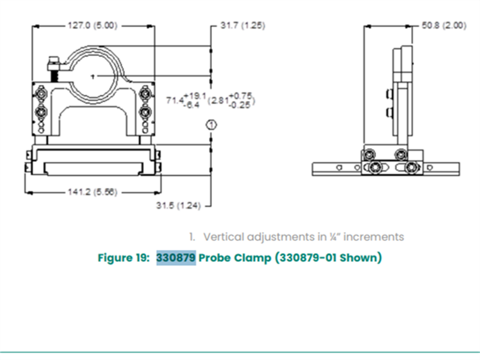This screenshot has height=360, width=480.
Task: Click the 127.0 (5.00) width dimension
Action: click(92, 25)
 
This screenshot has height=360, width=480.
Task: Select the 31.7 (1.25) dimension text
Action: click(243, 25)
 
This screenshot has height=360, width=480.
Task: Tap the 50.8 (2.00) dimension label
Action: click(444, 25)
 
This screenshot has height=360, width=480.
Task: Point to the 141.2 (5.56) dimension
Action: click(92, 192)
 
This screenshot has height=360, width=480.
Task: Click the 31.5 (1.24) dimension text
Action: click(178, 205)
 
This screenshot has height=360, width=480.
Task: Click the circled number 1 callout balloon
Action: click(211, 125)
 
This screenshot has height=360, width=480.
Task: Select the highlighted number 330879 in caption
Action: click(176, 257)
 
